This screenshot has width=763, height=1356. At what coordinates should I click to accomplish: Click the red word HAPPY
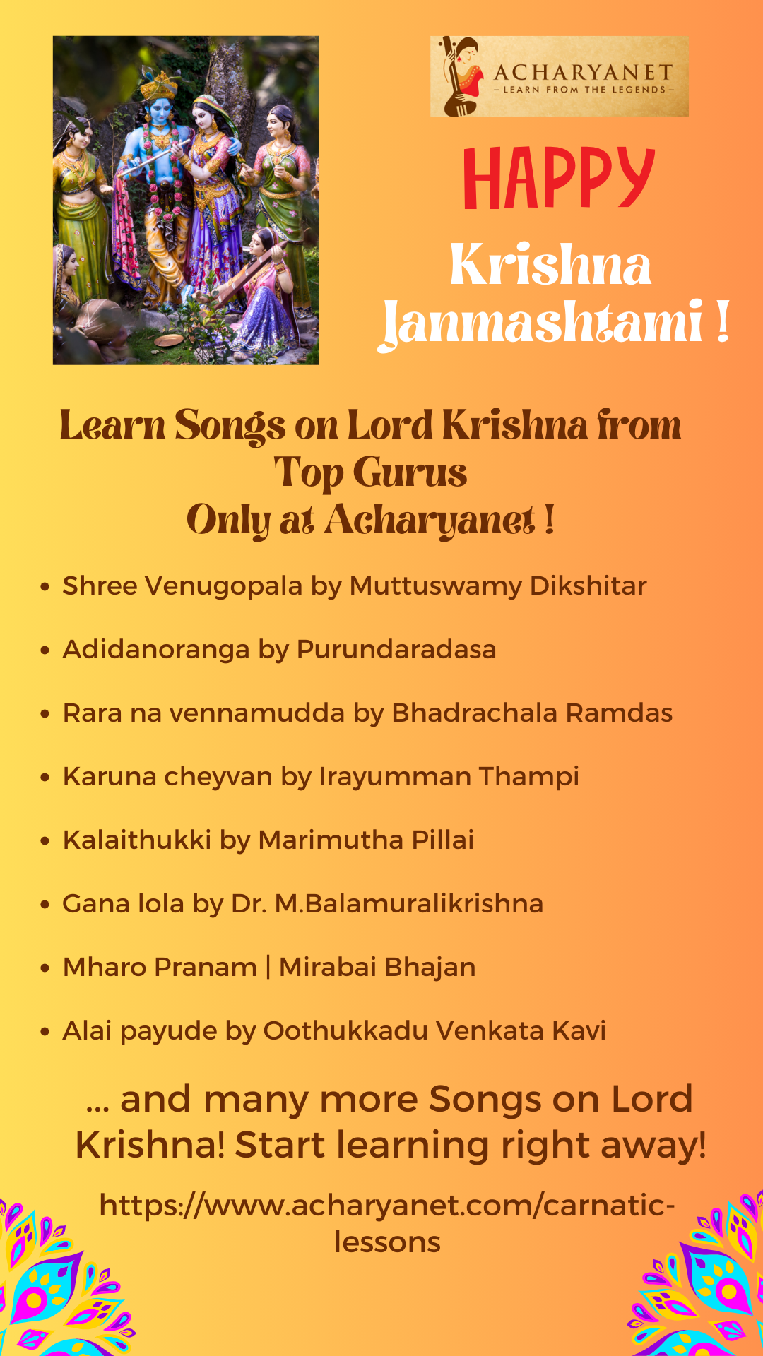coord(559,178)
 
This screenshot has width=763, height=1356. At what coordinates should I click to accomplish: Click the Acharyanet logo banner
coord(560,76)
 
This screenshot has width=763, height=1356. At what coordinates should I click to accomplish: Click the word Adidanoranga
coord(156,650)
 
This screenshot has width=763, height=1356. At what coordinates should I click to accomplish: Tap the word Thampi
coord(529,777)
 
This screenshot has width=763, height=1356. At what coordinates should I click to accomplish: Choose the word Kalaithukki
coord(137,840)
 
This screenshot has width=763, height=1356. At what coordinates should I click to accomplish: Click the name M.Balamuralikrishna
coord(409,903)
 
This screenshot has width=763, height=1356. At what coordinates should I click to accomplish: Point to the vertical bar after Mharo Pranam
coord(268,968)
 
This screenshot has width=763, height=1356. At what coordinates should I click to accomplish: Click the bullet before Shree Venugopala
coord(45,587)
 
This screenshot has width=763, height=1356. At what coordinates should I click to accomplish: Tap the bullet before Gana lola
coord(45,905)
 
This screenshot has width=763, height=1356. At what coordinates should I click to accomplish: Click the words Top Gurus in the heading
coord(370,472)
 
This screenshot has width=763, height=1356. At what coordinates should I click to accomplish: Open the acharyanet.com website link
coord(387,1224)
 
